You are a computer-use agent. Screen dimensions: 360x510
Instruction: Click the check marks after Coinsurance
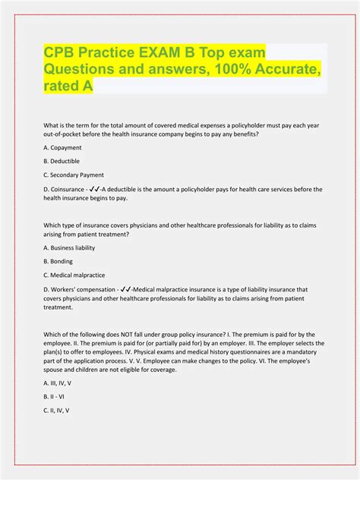tap(99, 189)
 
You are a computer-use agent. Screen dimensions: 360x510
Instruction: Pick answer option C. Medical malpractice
tap(74, 274)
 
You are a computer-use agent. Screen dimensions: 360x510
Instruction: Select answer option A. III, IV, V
tap(60, 383)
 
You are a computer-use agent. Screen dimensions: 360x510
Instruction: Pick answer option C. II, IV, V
tap(57, 410)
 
